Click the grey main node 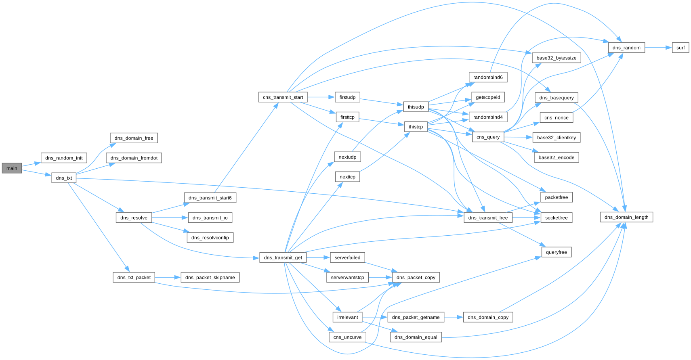(x=12, y=168)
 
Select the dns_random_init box (x=64, y=158)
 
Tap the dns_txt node (x=64, y=178)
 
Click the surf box (x=680, y=48)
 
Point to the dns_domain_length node (x=626, y=217)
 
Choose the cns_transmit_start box (x=283, y=97)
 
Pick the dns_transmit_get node (x=283, y=257)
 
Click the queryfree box (x=557, y=252)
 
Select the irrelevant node (x=347, y=317)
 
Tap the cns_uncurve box (x=347, y=337)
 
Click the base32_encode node (x=556, y=157)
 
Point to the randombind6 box (x=488, y=77)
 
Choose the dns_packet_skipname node (x=210, y=277)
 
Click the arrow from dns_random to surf (x=658, y=48)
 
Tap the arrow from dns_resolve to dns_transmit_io (x=170, y=218)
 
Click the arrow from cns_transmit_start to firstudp (x=321, y=97)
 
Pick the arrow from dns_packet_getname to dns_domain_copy (x=454, y=317)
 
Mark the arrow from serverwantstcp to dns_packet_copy (x=380, y=277)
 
